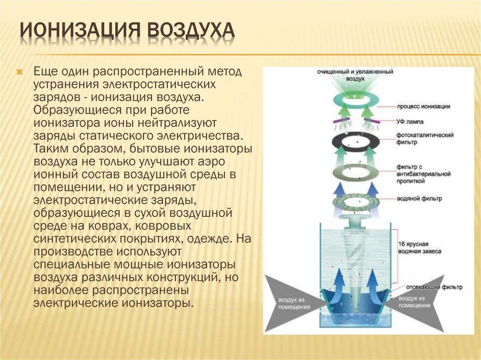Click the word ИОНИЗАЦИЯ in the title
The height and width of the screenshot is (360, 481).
[79, 32]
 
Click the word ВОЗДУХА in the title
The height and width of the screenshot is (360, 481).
[190, 32]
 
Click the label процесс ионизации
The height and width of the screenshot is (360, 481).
[423, 107]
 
